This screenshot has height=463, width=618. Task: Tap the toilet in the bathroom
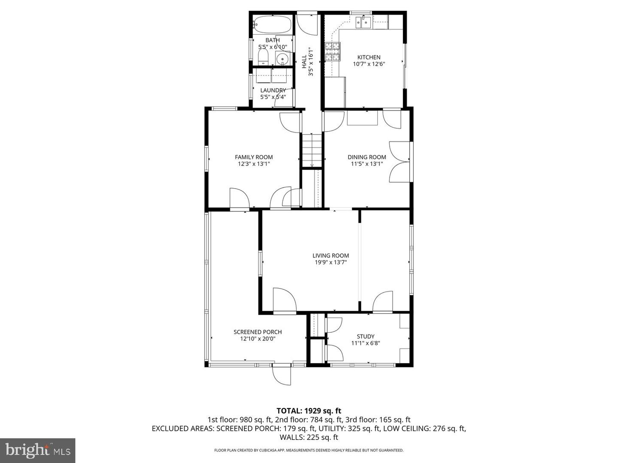(263, 57)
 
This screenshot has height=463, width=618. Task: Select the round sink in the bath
(282, 58)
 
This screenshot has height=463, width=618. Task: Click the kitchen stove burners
(333, 51)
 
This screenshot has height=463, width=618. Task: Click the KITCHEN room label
(369, 57)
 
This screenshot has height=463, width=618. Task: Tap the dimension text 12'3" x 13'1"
(254, 164)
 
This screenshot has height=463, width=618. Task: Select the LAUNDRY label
(273, 90)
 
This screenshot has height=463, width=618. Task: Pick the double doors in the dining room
(399, 162)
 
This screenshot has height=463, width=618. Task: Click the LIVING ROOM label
(330, 256)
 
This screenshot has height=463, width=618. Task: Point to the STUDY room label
(366, 337)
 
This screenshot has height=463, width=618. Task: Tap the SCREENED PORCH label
(257, 332)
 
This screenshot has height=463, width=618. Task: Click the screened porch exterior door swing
(282, 376)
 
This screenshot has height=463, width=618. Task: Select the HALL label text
(304, 61)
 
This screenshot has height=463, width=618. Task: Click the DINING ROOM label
(367, 157)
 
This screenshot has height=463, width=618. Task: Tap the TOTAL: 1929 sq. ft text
(309, 411)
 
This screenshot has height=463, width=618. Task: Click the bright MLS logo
(37, 450)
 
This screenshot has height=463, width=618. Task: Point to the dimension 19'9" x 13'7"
(330, 262)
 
